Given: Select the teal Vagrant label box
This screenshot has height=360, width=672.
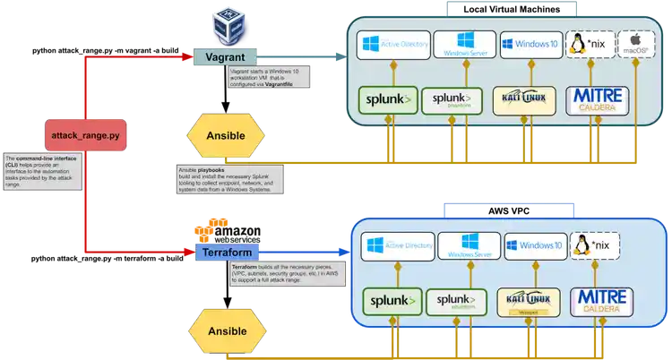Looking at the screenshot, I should [x=226, y=56].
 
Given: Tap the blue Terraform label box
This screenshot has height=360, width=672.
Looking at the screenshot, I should [x=227, y=253].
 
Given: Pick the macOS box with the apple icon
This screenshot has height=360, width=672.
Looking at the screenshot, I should [x=636, y=44].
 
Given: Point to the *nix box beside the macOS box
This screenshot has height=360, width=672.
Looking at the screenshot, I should [x=588, y=44].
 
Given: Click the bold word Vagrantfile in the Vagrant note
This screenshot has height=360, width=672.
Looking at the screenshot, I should [x=286, y=83].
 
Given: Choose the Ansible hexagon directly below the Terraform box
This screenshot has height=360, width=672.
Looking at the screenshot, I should [x=226, y=331].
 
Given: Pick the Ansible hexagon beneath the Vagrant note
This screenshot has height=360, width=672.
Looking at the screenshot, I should [x=226, y=136].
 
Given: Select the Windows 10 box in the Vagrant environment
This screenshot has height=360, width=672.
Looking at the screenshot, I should [x=530, y=44].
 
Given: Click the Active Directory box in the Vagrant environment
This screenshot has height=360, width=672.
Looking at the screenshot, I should [x=393, y=44].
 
